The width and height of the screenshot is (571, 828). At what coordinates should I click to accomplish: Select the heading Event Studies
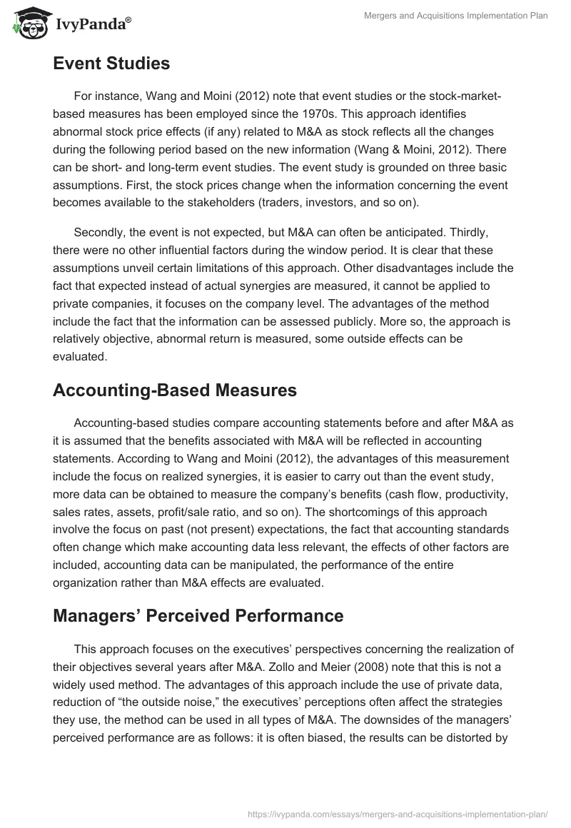pyautogui.click(x=111, y=64)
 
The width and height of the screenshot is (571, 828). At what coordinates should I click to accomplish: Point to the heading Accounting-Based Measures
pyautogui.click(x=175, y=390)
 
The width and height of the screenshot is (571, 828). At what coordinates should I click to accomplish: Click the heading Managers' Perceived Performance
pyautogui.click(x=198, y=615)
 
